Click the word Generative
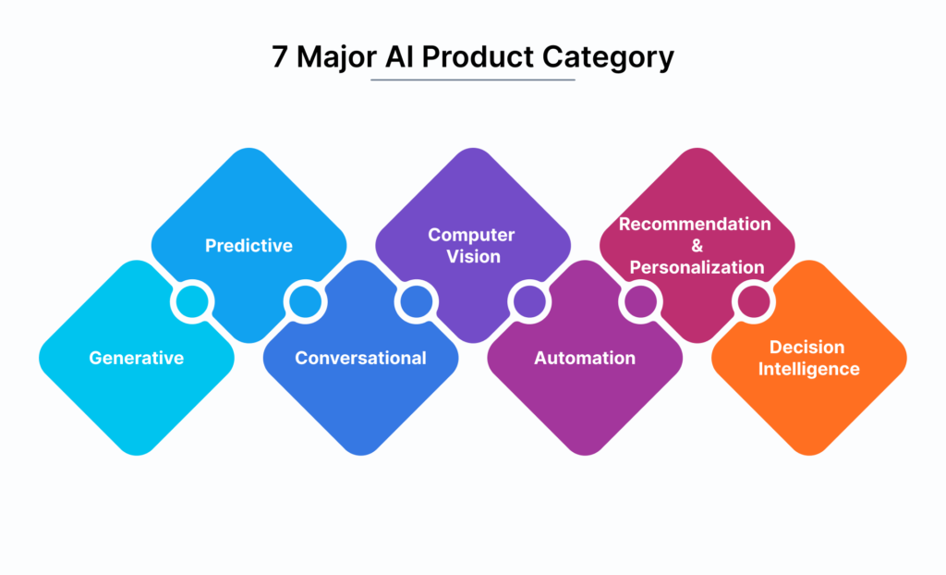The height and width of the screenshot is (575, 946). point(137,358)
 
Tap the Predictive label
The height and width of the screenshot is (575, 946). point(249,246)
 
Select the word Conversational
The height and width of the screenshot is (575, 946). point(360,358)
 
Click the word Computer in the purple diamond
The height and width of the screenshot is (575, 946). point(471,235)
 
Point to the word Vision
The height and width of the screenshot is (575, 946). point(473,257)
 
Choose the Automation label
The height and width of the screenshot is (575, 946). point(585,358)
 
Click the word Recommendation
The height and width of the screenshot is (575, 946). point(695,225)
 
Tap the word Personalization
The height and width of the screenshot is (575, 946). point(697,267)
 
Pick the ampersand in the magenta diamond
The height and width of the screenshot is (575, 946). point(696,246)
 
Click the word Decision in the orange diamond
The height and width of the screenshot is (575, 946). point(807,348)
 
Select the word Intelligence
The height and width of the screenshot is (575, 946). point(809,370)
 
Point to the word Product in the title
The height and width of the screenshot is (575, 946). point(472,56)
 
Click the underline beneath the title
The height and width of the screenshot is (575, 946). point(473,80)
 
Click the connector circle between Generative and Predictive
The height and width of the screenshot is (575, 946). point(192,301)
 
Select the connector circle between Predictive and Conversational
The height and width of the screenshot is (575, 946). point(304,301)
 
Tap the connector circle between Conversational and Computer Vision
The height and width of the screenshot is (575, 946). point(416,301)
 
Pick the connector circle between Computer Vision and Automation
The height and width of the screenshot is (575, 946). point(528,301)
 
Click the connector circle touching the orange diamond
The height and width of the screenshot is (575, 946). point(752,301)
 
